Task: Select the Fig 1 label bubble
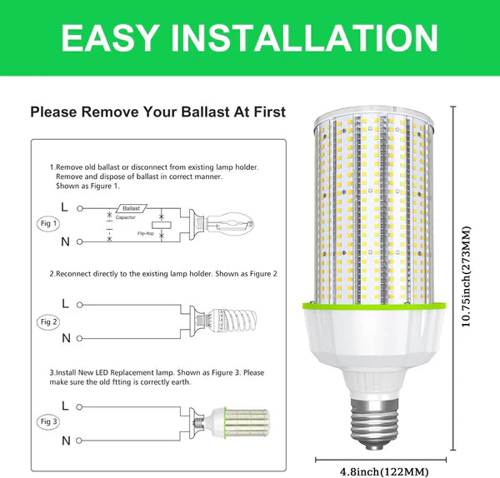pos(49,224)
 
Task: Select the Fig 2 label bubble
pos(49,321)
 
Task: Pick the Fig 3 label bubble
pos(49,421)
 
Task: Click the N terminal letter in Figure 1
pos(65,241)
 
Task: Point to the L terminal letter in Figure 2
pos(65,305)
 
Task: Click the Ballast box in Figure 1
pos(132,207)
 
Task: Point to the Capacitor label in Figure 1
pos(126,217)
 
